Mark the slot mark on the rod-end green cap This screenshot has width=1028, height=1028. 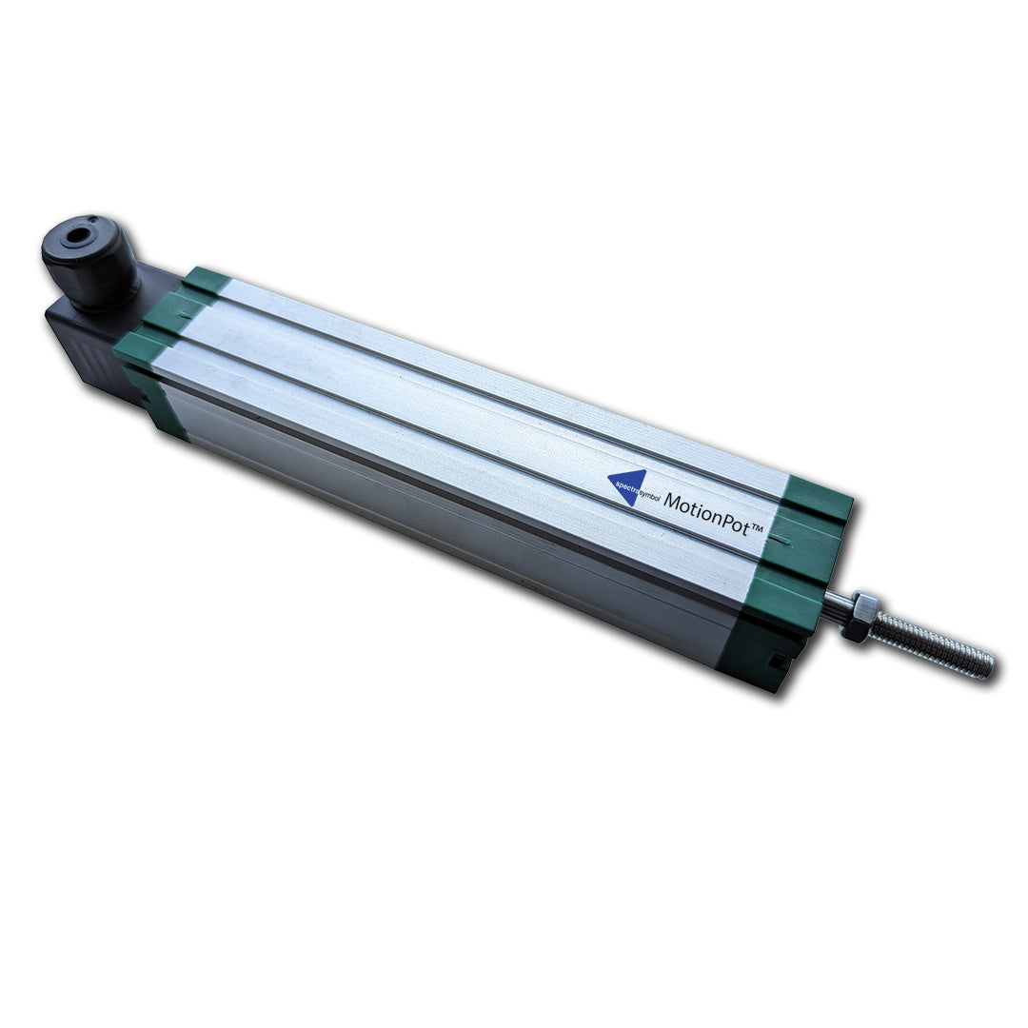click(x=781, y=540)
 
